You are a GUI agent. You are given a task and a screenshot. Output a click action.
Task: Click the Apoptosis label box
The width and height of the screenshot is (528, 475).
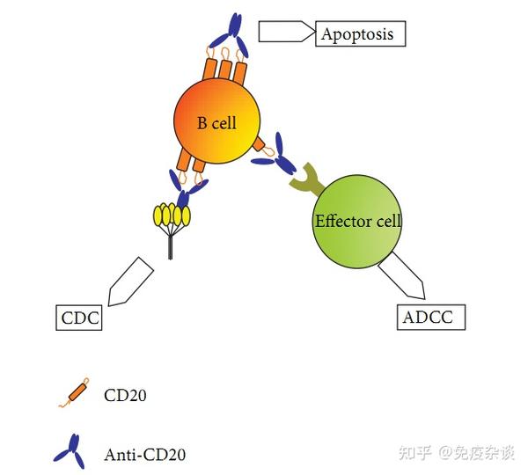tap(361, 34)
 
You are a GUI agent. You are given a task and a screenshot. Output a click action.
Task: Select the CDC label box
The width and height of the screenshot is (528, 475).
tap(79, 317)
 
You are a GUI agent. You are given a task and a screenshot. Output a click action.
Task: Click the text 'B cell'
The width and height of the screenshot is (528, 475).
tap(216, 123)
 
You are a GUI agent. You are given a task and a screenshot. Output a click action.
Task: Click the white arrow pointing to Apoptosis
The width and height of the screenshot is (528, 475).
tap(286, 32)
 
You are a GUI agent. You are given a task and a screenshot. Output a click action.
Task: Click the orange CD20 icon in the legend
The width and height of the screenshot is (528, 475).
tap(69, 394)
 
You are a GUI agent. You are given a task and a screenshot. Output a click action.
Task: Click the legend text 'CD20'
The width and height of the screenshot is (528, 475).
tap(125, 395)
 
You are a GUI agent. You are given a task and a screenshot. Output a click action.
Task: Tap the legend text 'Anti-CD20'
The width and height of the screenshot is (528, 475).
tap(145, 455)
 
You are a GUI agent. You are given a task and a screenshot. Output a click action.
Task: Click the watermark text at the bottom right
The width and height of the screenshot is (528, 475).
tap(458, 453)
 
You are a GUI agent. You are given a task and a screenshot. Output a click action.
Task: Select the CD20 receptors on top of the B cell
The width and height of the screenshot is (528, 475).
tap(224, 70)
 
